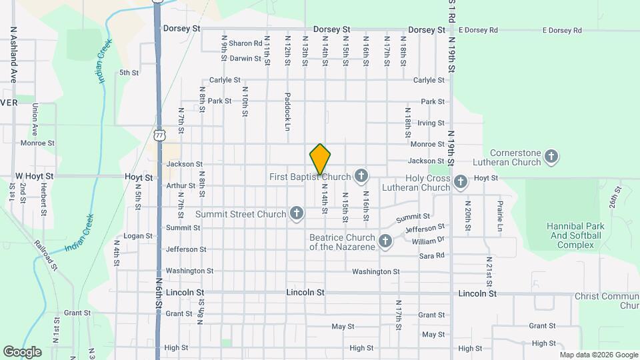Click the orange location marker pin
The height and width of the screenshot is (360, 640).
(321, 159)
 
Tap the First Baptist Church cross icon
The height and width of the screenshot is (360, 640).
(361, 176)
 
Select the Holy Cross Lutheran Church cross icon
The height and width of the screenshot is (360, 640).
(460, 182)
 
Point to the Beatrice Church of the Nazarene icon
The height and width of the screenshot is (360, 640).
(385, 241)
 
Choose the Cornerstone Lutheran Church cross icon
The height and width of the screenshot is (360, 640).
(551, 157)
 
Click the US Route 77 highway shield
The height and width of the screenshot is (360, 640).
(159, 135)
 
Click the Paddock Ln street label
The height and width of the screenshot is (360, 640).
(288, 111)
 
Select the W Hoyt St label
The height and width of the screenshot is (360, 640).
(34, 177)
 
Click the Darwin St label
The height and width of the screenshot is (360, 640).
(245, 59)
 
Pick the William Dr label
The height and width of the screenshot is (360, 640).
(428, 240)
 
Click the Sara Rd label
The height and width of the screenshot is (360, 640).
(431, 256)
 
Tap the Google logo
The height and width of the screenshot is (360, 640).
(22, 351)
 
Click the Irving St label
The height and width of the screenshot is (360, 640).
(431, 123)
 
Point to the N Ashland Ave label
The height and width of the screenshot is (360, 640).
(12, 55)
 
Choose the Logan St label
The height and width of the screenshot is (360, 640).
(139, 236)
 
